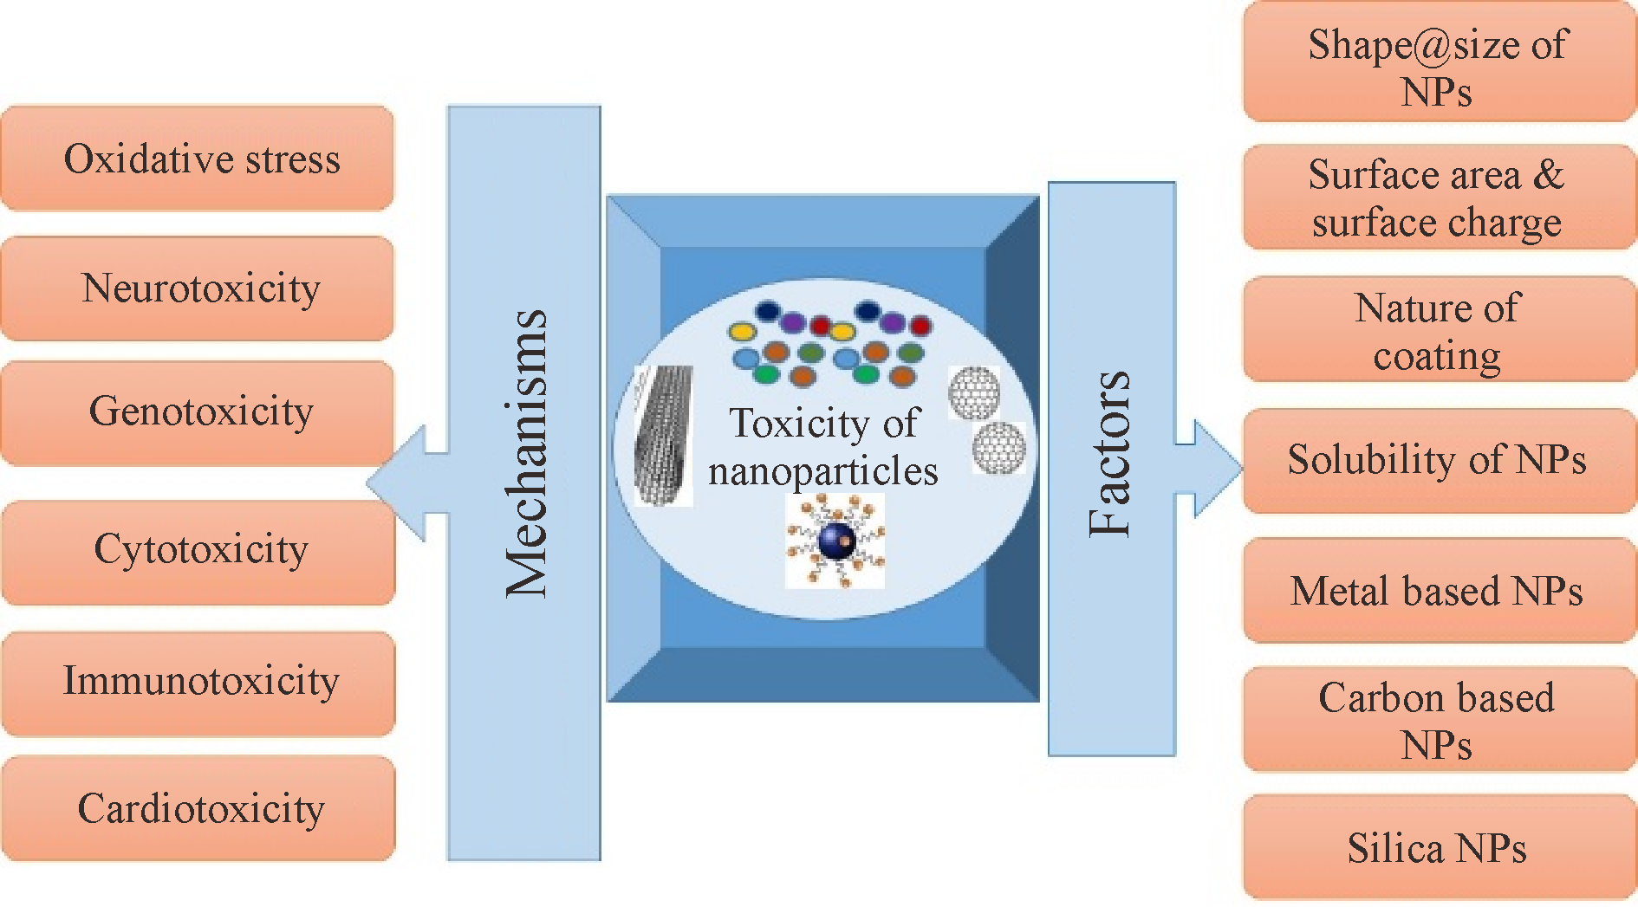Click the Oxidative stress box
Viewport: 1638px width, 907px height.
pyautogui.click(x=198, y=159)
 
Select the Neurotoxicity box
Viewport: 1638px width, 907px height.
pyautogui.click(x=198, y=288)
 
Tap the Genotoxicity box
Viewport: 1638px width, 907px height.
pyautogui.click(x=198, y=412)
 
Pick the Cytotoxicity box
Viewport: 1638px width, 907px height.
pyautogui.click(x=198, y=551)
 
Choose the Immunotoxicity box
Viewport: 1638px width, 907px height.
pyautogui.click(x=198, y=683)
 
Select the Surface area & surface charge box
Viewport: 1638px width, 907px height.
pyautogui.click(x=1439, y=198)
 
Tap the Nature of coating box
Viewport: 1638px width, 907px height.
pyautogui.click(x=1439, y=330)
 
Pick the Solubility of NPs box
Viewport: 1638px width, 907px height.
pyautogui.click(x=1439, y=460)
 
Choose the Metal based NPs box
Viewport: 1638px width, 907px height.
pyautogui.click(x=1439, y=592)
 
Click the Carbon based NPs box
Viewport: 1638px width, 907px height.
pyautogui.click(x=1439, y=720)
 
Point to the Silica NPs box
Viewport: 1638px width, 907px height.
pyautogui.click(x=1439, y=848)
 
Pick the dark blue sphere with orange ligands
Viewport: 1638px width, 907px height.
pyautogui.click(x=836, y=541)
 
